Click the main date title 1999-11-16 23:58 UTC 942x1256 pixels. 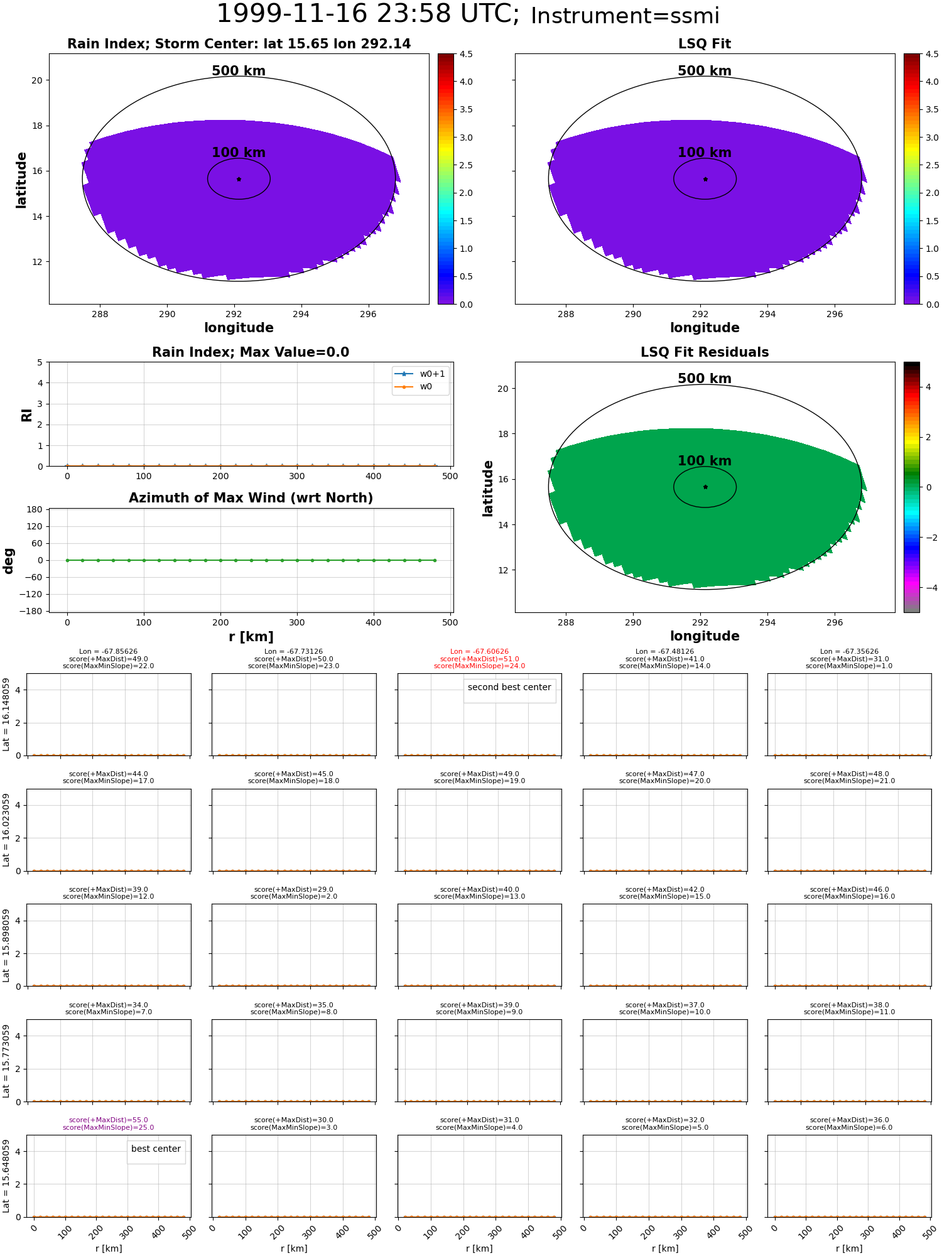pyautogui.click(x=367, y=14)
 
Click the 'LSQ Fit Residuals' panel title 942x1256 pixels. pyautogui.click(x=705, y=352)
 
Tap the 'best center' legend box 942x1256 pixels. pyautogui.click(x=156, y=1149)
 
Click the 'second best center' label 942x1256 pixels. pyautogui.click(x=509, y=688)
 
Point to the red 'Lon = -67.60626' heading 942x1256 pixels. pyautogui.click(x=480, y=652)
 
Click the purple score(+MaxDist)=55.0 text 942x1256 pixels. pyautogui.click(x=109, y=1120)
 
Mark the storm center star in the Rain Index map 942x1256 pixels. pyautogui.click(x=239, y=179)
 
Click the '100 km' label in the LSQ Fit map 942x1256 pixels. pyautogui.click(x=705, y=153)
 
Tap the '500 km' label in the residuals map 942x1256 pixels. pyautogui.click(x=705, y=379)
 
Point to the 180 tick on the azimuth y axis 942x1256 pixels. pyautogui.click(x=34, y=509)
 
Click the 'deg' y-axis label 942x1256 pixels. pyautogui.click(x=9, y=560)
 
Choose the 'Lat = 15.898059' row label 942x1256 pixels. pyautogui.click(x=6, y=945)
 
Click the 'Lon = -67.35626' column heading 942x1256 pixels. pyautogui.click(x=849, y=652)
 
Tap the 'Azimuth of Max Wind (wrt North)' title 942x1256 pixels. pyautogui.click(x=251, y=498)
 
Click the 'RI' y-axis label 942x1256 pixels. pyautogui.click(x=26, y=415)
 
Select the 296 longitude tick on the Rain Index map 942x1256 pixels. pyautogui.click(x=368, y=314)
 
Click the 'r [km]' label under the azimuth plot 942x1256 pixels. pyautogui.click(x=251, y=637)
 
